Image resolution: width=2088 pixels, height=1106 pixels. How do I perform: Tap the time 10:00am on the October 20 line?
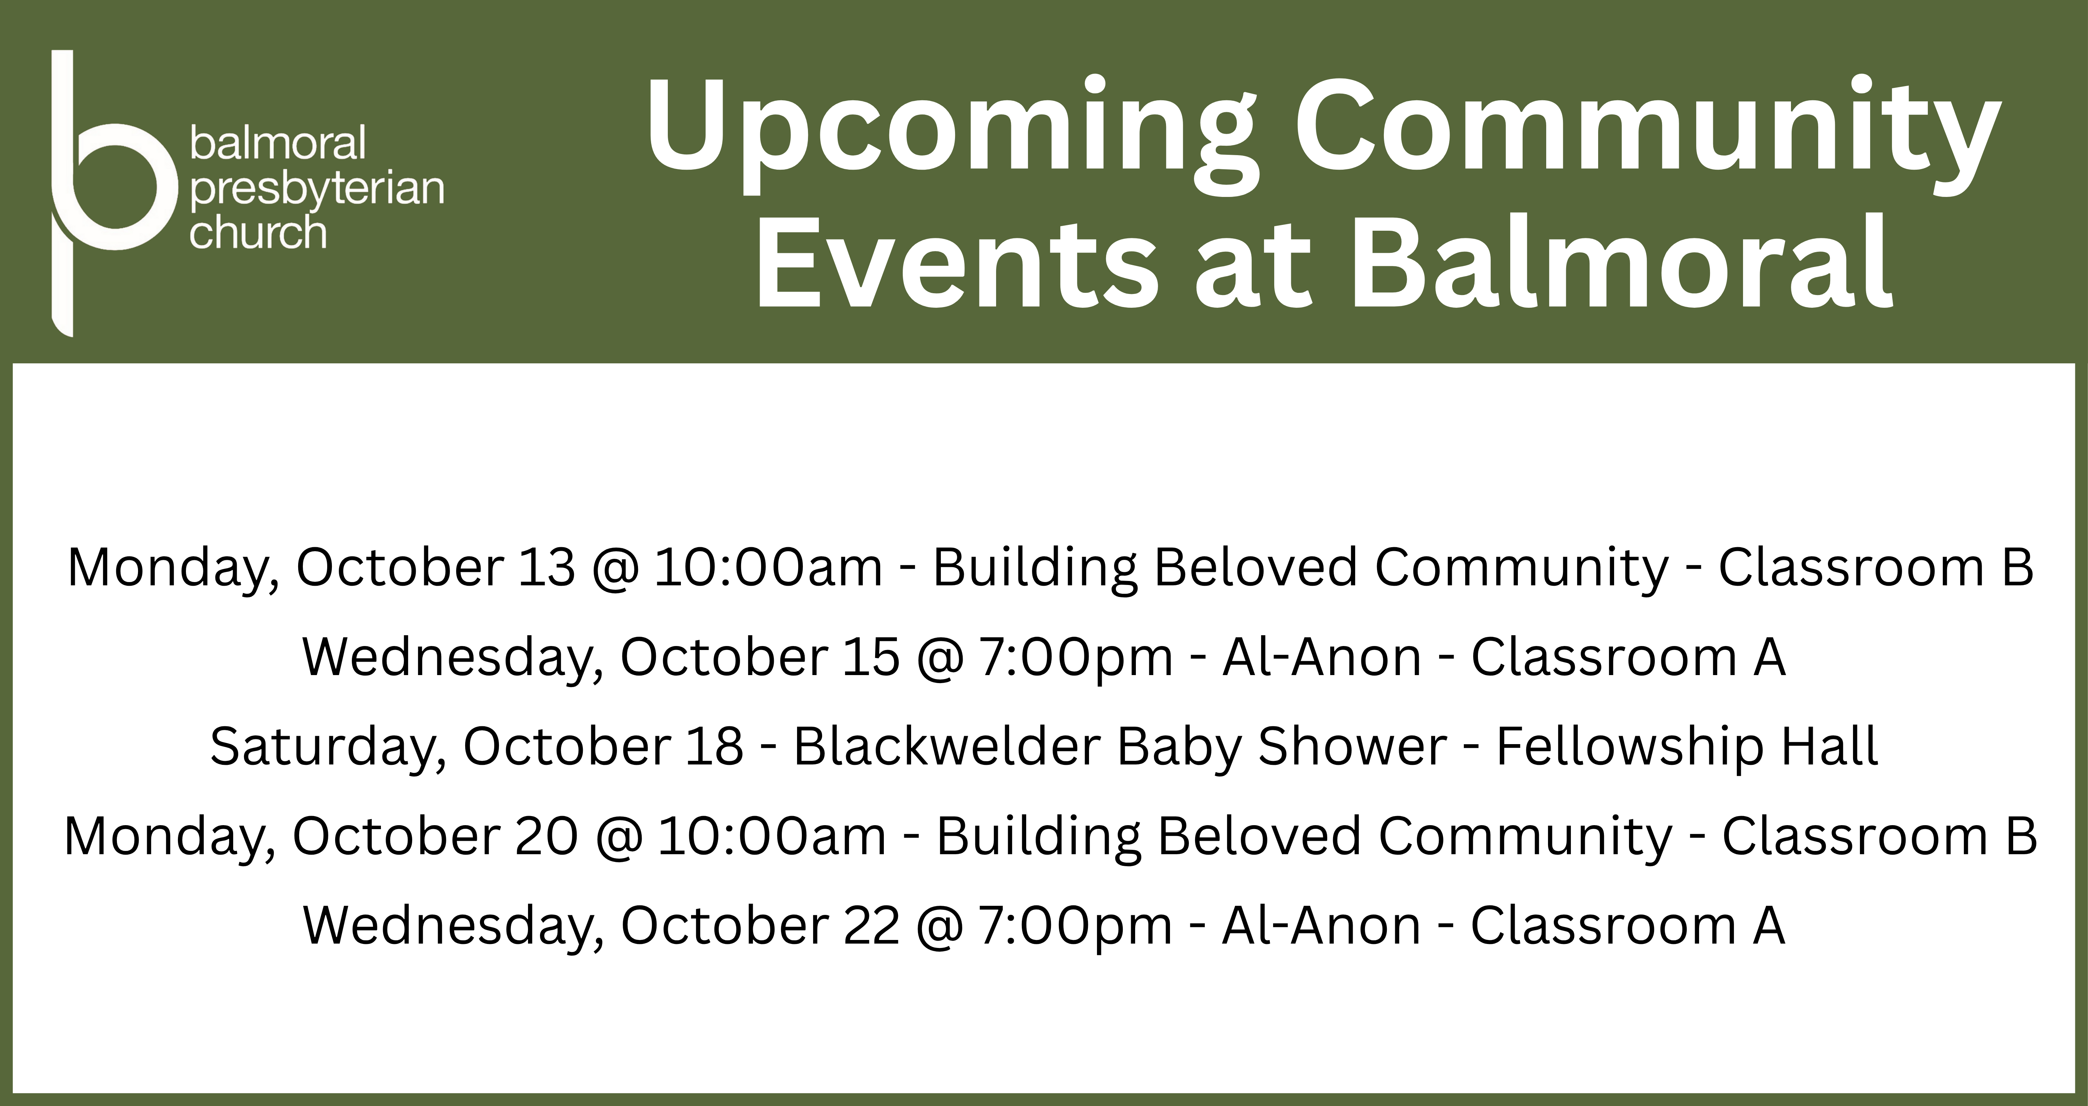[772, 837]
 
